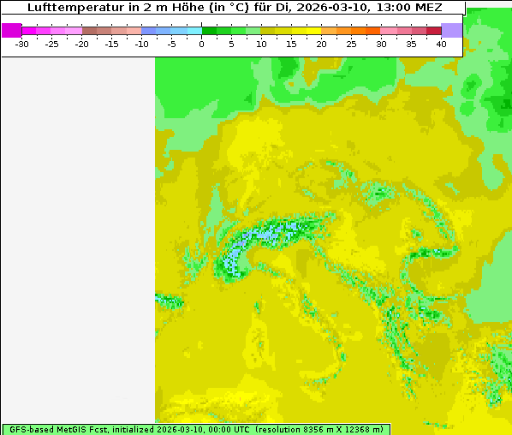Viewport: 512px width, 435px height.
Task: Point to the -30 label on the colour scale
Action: pos(22,44)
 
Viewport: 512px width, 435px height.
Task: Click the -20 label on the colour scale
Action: pos(82,44)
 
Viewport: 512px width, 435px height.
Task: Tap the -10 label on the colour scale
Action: pos(142,44)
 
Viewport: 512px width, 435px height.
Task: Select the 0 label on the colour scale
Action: pos(202,44)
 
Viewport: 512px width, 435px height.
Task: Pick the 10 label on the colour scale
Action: pos(261,44)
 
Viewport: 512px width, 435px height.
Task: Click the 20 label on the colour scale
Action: pos(321,44)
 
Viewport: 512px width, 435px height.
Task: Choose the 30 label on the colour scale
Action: pos(381,44)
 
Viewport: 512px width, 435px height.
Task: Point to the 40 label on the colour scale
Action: pos(441,44)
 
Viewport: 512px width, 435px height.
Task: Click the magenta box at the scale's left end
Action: pos(12,30)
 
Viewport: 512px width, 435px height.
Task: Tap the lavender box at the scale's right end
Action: pos(452,30)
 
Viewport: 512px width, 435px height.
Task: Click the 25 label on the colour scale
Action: pos(351,44)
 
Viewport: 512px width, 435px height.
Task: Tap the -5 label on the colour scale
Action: pos(172,44)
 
